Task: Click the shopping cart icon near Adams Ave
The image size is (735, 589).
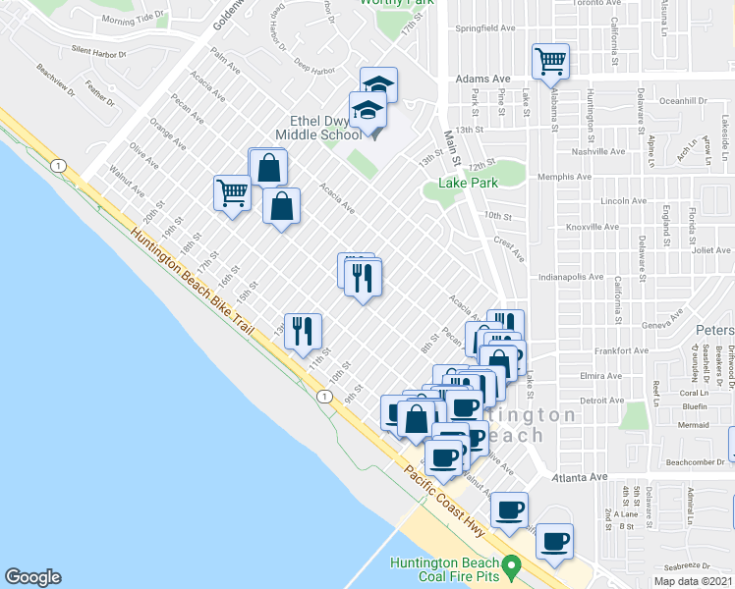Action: coord(551,62)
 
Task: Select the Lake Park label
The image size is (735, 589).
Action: coord(470,182)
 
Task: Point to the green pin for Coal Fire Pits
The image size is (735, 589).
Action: coord(511,565)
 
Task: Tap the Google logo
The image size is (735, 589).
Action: coord(32,577)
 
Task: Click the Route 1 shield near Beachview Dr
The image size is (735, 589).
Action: coord(60,166)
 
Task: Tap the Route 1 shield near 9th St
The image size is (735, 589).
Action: coord(323,396)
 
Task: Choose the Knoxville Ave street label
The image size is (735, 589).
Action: coord(567,227)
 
